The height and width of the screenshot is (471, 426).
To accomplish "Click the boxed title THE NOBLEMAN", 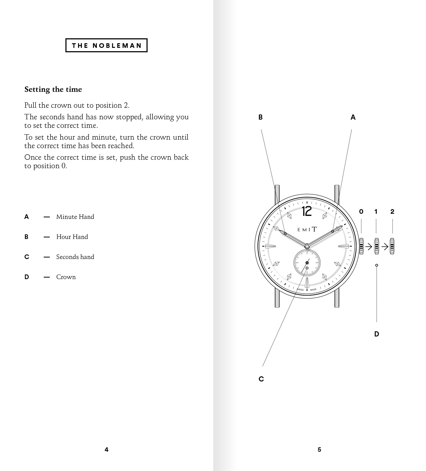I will (x=106, y=46).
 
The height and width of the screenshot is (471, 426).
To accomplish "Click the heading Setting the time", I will (x=53, y=90).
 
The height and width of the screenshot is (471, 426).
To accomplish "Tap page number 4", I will (x=106, y=449).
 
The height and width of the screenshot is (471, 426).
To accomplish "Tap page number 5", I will (x=319, y=449).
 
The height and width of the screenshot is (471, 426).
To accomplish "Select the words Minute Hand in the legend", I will (x=75, y=217).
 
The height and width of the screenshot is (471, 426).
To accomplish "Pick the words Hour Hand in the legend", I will (x=72, y=237).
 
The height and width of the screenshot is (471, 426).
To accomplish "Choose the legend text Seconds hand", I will (x=75, y=257).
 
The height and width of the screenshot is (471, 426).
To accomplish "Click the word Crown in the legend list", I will (x=66, y=277).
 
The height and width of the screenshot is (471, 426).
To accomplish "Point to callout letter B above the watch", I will (x=260, y=117).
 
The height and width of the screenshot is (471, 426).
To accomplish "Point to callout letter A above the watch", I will (x=353, y=117).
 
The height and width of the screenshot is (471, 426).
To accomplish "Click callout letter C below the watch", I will (x=261, y=379).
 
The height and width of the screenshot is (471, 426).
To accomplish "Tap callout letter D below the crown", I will (x=377, y=334).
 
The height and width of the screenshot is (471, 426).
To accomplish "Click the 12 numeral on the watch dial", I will (x=307, y=211).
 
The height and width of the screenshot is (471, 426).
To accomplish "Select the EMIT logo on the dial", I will (x=307, y=229).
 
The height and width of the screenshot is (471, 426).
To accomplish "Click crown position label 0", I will (x=361, y=212).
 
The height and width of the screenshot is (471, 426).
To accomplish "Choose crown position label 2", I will (x=392, y=212).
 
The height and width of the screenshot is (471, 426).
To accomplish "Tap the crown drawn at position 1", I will (x=377, y=246).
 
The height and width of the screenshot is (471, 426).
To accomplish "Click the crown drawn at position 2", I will (x=392, y=246).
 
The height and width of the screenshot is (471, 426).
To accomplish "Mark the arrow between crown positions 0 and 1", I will (x=369, y=247).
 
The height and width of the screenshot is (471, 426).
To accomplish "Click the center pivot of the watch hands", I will (x=307, y=246).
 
